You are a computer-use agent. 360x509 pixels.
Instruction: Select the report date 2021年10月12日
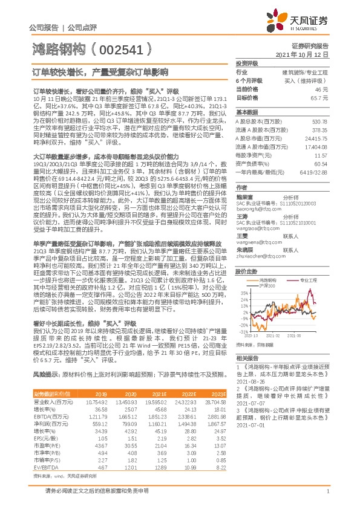pos(306,54)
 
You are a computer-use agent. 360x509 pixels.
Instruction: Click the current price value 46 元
pos(321,89)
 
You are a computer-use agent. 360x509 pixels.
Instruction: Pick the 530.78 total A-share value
pos(319,122)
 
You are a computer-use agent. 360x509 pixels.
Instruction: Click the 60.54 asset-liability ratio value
pos(320,163)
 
